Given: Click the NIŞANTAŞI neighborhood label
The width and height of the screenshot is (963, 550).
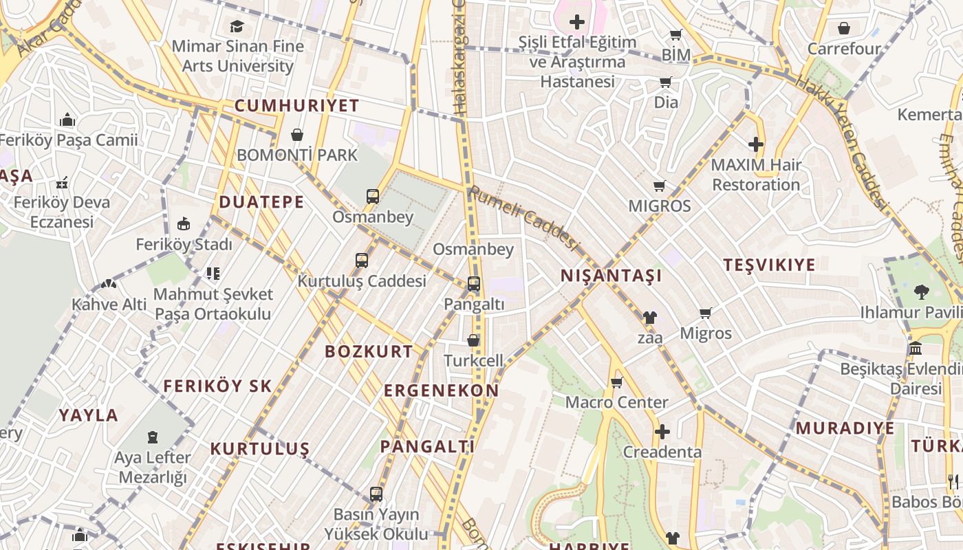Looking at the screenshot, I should (x=611, y=276).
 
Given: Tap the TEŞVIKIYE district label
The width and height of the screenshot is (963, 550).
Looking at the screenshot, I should (x=769, y=265).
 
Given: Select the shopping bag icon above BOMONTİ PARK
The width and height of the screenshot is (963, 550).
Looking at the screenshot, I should (x=297, y=135).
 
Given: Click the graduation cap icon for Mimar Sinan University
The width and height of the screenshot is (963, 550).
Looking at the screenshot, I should (x=237, y=26).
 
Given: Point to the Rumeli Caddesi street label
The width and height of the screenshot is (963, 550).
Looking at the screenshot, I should (x=523, y=217).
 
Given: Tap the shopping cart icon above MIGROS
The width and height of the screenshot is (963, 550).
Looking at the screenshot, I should (x=660, y=186).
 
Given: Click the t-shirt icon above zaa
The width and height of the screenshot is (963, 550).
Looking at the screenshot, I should (x=649, y=318).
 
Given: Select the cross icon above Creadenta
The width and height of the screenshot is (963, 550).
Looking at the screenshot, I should (x=662, y=432).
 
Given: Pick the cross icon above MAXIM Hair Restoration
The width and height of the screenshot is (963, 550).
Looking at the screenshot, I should (x=756, y=144).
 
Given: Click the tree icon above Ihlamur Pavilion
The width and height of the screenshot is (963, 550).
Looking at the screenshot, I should (x=921, y=292).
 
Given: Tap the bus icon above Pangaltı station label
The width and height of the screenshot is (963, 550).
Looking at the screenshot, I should (x=474, y=283).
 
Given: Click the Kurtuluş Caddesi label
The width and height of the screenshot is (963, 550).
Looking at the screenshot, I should (x=362, y=280).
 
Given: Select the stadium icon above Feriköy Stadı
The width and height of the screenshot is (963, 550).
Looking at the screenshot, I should (x=184, y=224).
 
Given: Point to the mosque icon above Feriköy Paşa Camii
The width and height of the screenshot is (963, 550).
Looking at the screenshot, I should (x=67, y=120).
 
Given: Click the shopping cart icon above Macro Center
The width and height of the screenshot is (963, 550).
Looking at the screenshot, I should (x=617, y=382).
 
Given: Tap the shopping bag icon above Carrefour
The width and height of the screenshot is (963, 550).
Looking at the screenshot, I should (x=844, y=28).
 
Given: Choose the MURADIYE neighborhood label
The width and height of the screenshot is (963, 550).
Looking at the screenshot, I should (x=845, y=428).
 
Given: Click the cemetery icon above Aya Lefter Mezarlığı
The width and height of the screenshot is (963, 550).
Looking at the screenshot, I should (x=153, y=437).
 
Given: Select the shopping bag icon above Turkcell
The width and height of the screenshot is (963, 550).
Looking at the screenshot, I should (x=473, y=340).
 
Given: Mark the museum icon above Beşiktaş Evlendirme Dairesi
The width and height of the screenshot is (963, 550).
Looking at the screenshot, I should (x=916, y=349).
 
